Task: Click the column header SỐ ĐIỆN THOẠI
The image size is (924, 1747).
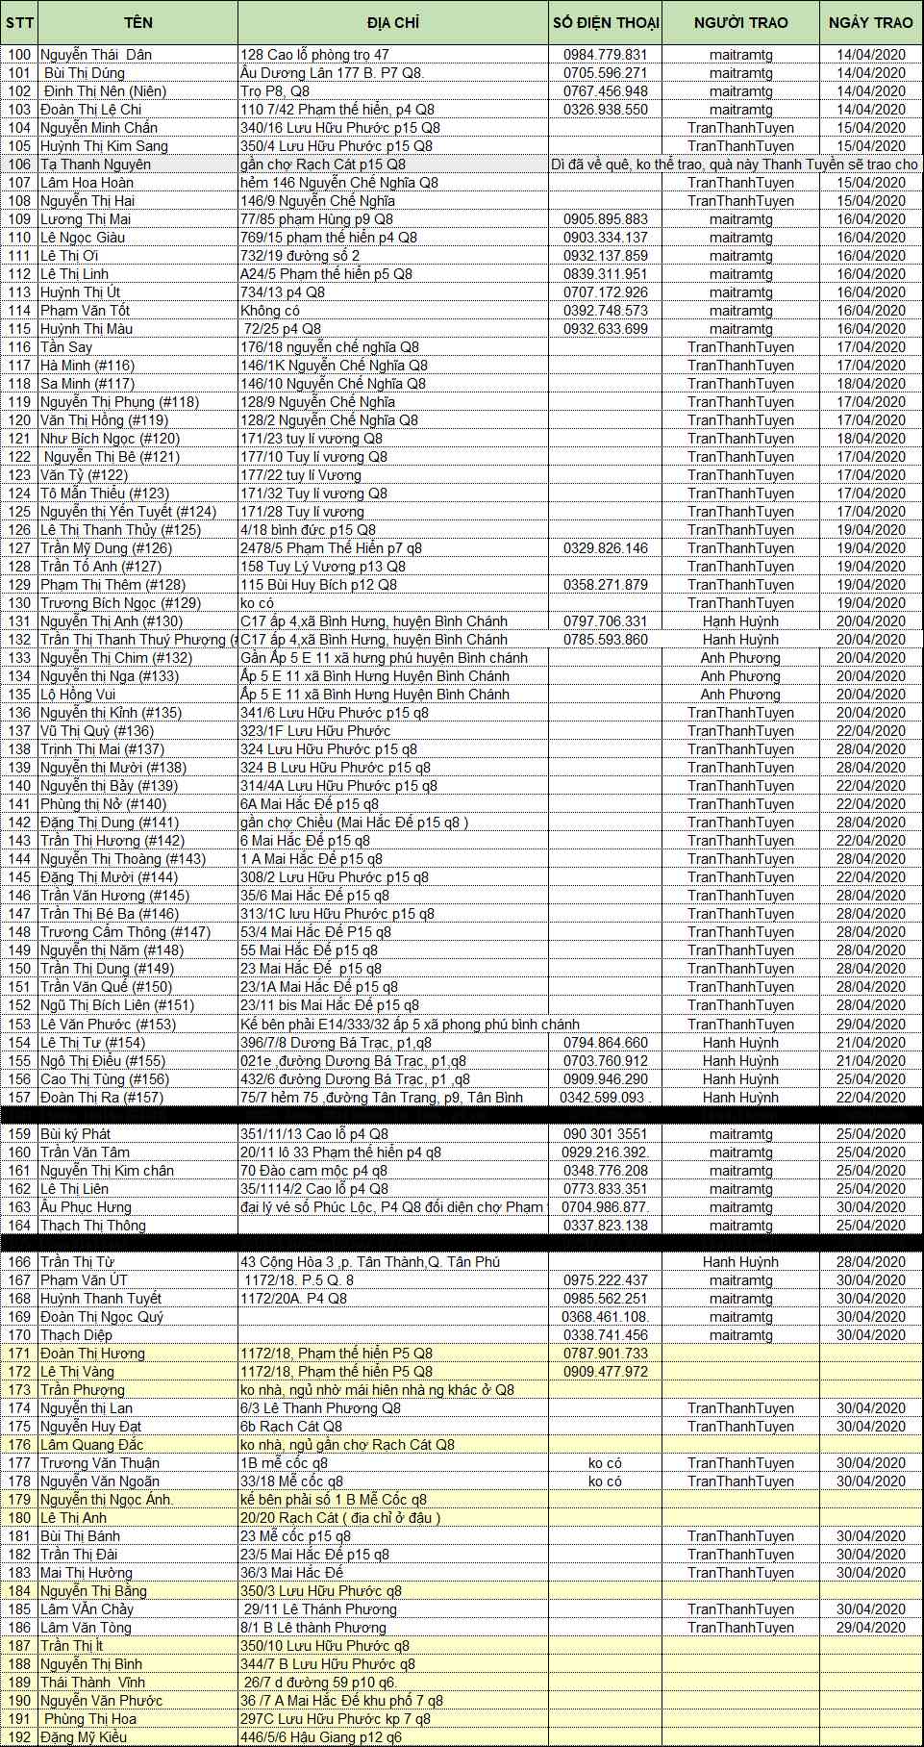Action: click(x=605, y=23)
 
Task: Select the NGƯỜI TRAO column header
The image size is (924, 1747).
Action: click(x=740, y=23)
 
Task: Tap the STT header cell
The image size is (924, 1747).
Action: click(x=19, y=23)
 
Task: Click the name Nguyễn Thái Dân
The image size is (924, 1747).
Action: click(x=96, y=55)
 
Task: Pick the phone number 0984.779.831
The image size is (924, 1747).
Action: click(x=605, y=55)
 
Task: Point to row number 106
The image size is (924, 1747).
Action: click(x=19, y=165)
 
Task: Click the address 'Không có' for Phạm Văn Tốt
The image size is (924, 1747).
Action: click(x=270, y=311)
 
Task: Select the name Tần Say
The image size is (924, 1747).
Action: click(x=66, y=347)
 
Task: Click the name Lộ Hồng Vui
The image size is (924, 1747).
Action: click(x=78, y=695)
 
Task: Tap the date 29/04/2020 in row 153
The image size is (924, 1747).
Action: click(x=870, y=1025)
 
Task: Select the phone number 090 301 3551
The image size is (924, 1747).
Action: click(x=605, y=1134)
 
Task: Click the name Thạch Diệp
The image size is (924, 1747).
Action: click(x=76, y=1335)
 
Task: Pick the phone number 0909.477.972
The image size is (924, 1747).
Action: click(x=605, y=1372)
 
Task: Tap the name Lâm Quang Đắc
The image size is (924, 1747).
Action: click(x=91, y=1445)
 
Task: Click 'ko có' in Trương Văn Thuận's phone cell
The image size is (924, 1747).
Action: click(x=605, y=1463)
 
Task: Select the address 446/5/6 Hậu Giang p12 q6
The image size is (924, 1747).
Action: click(x=321, y=1737)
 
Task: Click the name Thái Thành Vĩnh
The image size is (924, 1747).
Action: click(x=92, y=1683)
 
